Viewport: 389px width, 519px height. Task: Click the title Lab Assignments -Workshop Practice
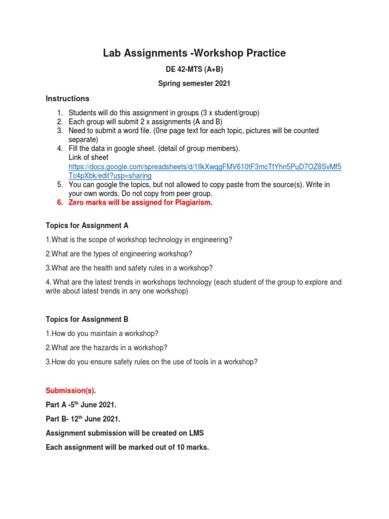tap(194, 53)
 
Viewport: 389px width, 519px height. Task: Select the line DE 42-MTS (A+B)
tap(194, 70)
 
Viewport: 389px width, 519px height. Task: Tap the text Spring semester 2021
tap(194, 84)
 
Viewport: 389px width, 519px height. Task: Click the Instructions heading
tap(67, 98)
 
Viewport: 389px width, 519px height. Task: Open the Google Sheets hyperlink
tap(205, 167)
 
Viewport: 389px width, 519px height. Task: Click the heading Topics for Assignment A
tap(91, 226)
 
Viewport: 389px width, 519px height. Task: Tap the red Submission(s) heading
tap(70, 391)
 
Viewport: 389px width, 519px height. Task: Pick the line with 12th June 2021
tap(83, 419)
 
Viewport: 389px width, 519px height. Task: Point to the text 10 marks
tap(192, 448)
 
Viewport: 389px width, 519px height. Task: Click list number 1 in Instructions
tap(59, 113)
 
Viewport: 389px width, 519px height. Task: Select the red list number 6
tap(59, 203)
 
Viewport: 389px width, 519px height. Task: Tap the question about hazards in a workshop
tap(106, 348)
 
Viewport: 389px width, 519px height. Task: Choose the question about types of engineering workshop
tap(119, 254)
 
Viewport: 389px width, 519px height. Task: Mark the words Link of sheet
tap(88, 158)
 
